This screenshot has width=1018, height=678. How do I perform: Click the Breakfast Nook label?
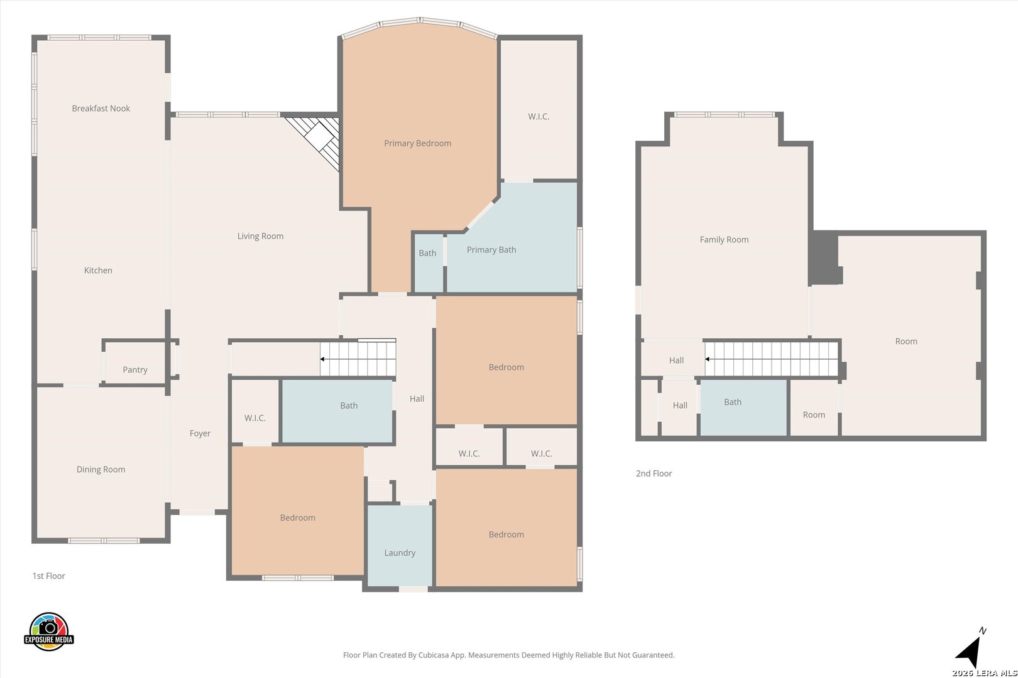tap(101, 109)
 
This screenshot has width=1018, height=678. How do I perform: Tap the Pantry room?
tap(135, 363)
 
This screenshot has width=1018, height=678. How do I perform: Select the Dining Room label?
tap(101, 470)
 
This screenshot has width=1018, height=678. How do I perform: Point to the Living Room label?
tap(260, 236)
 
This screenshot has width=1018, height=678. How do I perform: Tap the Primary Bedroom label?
tap(418, 144)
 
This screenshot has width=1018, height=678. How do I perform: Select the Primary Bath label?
tap(491, 250)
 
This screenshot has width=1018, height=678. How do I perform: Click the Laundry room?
tap(400, 546)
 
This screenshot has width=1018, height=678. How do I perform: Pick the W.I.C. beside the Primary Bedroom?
tap(539, 110)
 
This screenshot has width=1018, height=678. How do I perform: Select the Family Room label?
tap(725, 240)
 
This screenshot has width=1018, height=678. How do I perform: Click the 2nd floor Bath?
tap(743, 407)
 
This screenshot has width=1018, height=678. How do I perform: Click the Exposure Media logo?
tap(48, 632)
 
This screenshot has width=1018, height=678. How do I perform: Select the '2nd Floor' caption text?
tap(654, 473)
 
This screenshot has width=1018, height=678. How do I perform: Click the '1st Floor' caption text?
tap(48, 576)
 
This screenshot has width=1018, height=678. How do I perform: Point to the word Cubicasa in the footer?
tap(434, 655)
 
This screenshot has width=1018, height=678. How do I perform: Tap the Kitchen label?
tap(98, 271)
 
